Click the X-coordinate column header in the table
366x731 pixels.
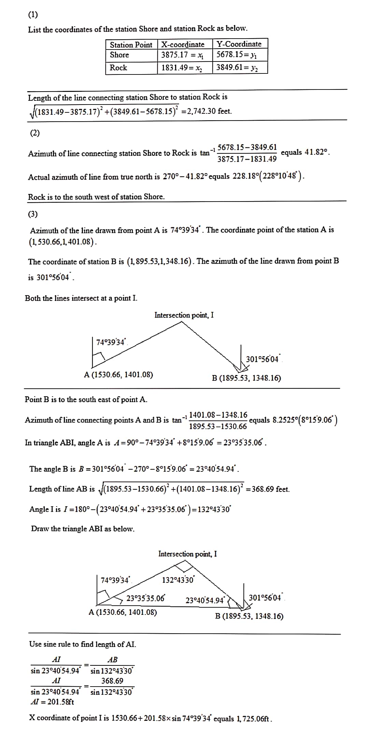183,44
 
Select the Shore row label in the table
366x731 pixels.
119,55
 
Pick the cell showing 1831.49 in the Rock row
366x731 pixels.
182,68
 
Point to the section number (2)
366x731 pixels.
35,133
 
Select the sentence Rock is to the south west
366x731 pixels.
96,197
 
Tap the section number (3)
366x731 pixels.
33,214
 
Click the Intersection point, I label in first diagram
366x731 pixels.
184,315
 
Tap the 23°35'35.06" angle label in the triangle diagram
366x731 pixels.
146,598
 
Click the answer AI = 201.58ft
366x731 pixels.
52,702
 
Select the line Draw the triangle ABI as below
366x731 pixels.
83,529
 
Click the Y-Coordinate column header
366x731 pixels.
239,44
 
